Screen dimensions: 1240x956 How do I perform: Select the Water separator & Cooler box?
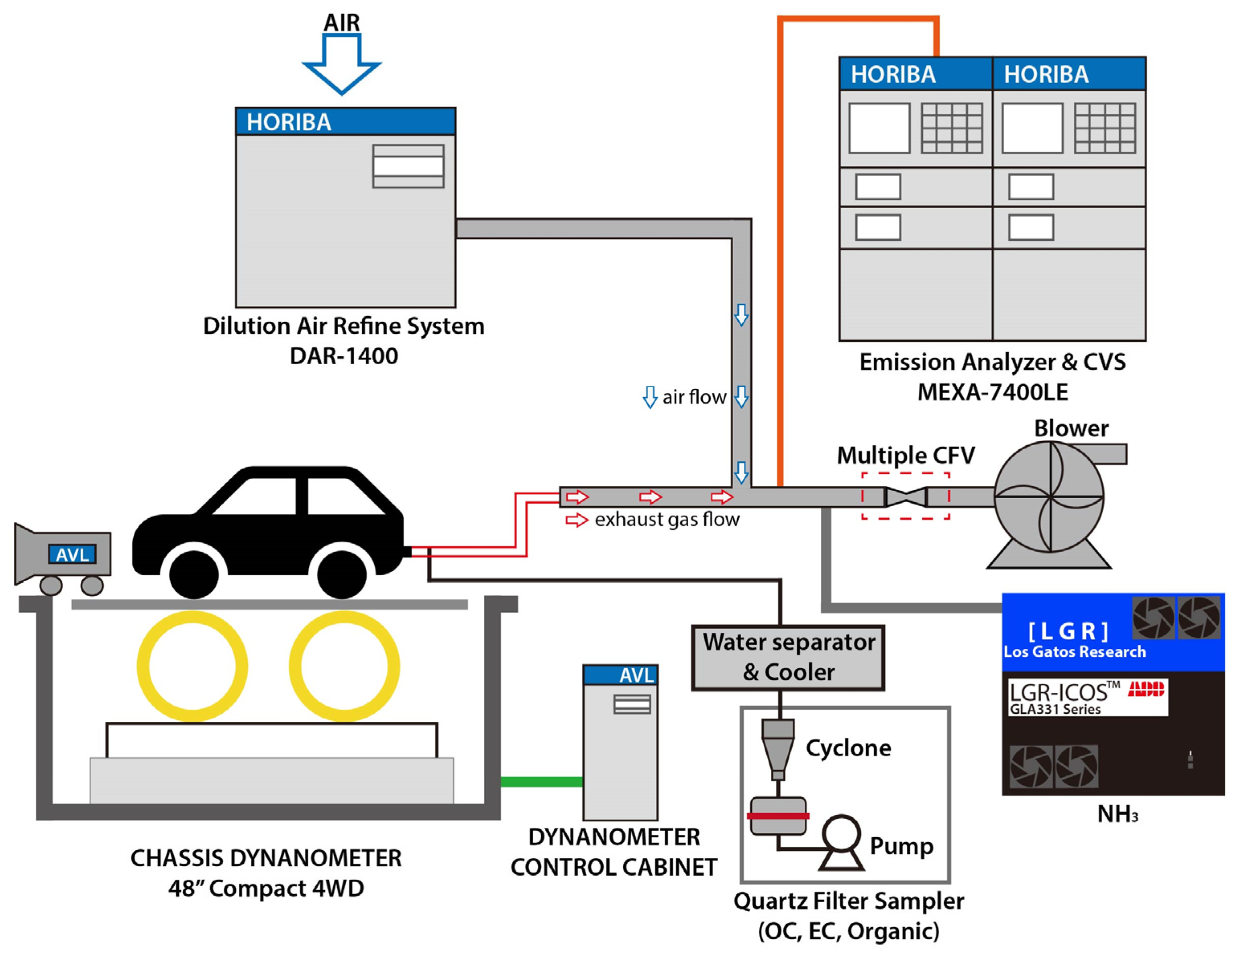788,658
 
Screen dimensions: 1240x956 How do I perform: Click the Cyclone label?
848,748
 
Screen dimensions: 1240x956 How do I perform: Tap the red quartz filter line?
778,816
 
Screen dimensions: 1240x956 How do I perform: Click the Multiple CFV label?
906,455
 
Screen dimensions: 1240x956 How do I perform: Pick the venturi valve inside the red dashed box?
906,497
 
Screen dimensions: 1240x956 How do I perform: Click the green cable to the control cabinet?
542,782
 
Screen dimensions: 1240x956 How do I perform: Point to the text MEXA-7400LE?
993,392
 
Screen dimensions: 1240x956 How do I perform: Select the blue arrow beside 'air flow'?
650,397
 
